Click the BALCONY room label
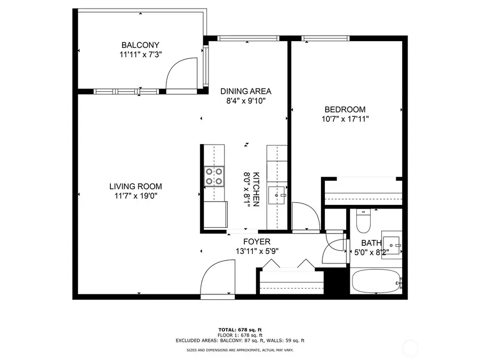pyautogui.click(x=140, y=45)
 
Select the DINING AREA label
pyautogui.click(x=246, y=91)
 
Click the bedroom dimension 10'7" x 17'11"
pyautogui.click(x=345, y=119)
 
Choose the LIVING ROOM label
pyautogui.click(x=135, y=186)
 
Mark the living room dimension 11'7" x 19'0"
pyautogui.click(x=135, y=196)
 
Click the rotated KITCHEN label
pyautogui.click(x=256, y=189)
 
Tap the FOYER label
pyautogui.click(x=257, y=242)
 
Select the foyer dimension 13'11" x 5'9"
pyautogui.click(x=257, y=251)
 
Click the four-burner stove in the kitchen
pyautogui.click(x=213, y=177)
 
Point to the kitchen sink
pyautogui.click(x=277, y=196)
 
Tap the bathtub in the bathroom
pyautogui.click(x=376, y=280)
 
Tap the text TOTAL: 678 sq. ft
pyautogui.click(x=239, y=329)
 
